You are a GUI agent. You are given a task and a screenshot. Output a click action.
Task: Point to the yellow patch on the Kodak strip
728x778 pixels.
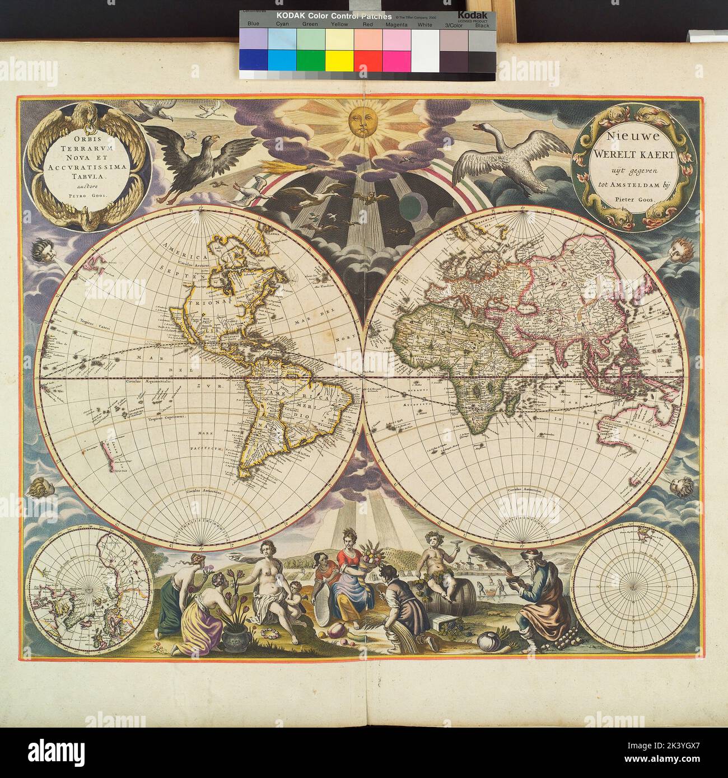(x=339, y=58)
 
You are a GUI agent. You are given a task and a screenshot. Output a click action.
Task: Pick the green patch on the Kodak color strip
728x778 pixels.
(x=310, y=58)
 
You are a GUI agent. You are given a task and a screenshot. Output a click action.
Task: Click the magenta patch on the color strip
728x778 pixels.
(x=396, y=58)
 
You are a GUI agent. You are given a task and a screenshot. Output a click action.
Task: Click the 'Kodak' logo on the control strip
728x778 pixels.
(x=474, y=15)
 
